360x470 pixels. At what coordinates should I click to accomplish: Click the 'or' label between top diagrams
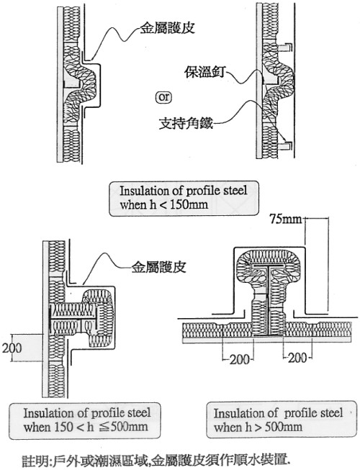164,98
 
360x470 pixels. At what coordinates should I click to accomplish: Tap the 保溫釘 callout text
205,72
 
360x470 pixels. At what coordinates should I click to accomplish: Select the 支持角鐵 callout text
186,123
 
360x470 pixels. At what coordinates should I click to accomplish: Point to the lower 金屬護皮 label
159,267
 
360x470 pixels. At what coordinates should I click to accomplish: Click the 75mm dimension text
285,219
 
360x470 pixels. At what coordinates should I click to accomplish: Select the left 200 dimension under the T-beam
240,359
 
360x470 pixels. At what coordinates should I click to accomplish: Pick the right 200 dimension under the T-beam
297,358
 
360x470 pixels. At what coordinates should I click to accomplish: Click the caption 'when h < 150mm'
164,205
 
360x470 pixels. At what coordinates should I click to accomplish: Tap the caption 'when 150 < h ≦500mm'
86,427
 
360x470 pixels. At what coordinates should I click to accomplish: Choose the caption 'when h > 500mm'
258,427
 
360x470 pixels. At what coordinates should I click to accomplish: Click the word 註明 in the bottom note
35,460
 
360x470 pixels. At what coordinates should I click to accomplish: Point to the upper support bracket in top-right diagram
286,48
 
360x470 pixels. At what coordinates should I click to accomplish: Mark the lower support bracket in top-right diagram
286,145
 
